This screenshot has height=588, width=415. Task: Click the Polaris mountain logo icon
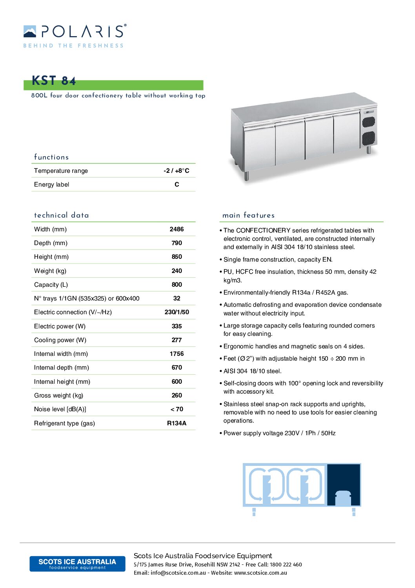(30, 32)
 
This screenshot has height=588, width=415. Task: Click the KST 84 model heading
(54, 81)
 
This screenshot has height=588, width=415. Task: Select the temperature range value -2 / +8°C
(177, 170)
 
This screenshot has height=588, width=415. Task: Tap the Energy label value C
(177, 184)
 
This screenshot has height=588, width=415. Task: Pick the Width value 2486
(177, 229)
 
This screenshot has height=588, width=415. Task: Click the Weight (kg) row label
(50, 271)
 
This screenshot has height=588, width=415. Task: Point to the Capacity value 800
(177, 284)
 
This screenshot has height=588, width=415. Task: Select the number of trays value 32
(177, 298)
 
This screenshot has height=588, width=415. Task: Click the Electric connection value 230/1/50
(177, 312)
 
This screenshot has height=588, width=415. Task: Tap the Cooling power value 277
(177, 340)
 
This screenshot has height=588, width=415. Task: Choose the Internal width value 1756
(177, 354)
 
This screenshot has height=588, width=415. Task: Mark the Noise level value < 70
(177, 409)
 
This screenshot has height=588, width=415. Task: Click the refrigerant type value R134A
(177, 423)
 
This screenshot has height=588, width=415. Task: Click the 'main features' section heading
(248, 215)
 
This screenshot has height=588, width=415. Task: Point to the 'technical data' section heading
(62, 215)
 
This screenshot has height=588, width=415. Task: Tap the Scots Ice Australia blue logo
(77, 564)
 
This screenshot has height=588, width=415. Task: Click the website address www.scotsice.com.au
(260, 573)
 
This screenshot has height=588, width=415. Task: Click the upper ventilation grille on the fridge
(368, 122)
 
